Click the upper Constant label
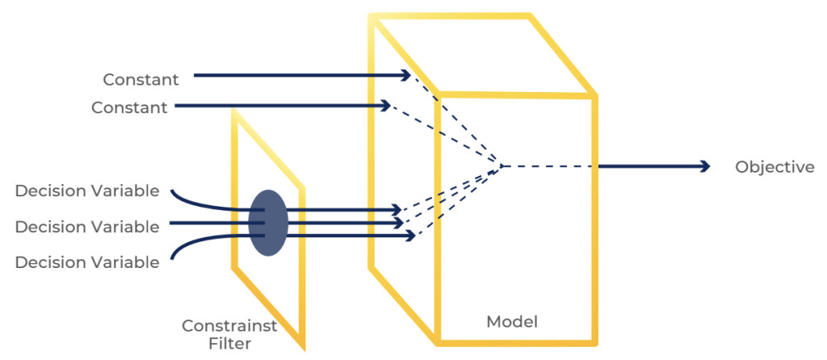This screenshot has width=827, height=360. (x=140, y=79)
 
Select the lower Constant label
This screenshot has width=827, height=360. (x=129, y=107)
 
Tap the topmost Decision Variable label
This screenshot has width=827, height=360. (x=87, y=191)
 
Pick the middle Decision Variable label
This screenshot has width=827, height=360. (x=87, y=227)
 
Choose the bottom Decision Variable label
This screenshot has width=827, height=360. (x=87, y=262)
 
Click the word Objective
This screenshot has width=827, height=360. (x=775, y=167)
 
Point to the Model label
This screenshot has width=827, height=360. (x=511, y=321)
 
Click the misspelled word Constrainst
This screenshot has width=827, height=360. (x=229, y=326)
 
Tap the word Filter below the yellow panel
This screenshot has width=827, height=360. (x=229, y=344)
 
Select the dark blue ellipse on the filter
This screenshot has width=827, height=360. (x=267, y=223)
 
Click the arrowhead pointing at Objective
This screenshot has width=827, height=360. (x=704, y=166)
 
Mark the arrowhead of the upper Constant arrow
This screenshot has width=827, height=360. (x=407, y=75)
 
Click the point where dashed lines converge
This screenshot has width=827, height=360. (x=502, y=166)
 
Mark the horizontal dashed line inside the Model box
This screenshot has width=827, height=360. (x=549, y=166)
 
